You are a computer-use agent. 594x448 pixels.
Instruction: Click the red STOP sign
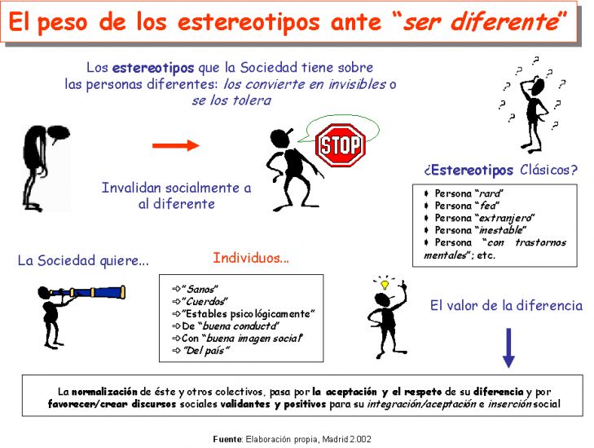click(341, 145)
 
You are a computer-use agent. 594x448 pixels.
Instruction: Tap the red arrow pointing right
click(176, 145)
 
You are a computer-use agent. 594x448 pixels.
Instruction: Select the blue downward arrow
click(508, 348)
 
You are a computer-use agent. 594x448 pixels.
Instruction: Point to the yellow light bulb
click(385, 285)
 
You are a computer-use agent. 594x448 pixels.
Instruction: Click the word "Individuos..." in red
click(251, 258)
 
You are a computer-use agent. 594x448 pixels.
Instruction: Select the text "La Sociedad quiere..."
click(83, 260)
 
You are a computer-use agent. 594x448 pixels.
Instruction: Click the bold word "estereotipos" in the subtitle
click(153, 68)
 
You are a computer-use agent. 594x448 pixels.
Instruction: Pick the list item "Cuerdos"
click(205, 302)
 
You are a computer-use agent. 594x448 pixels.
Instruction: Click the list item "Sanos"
click(200, 290)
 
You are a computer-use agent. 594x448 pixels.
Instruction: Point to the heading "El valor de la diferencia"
click(506, 305)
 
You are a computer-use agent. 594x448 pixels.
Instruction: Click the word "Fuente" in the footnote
click(227, 439)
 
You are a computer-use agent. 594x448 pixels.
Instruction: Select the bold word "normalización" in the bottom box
click(104, 392)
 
